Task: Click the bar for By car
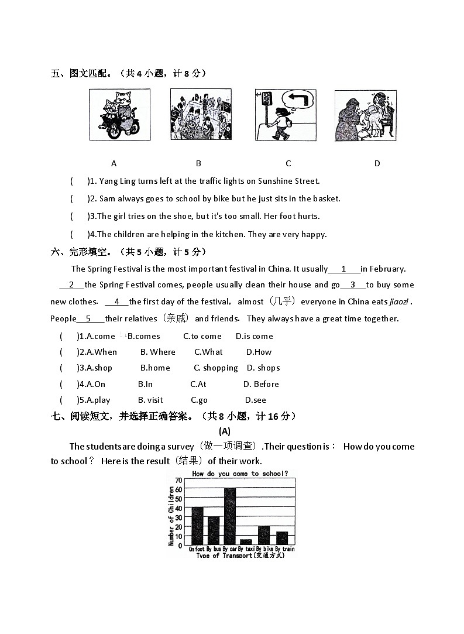[230, 516]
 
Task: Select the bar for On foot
[197, 526]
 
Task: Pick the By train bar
[282, 538]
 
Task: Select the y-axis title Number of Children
[171, 516]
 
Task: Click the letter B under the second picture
[198, 163]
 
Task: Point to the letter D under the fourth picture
[377, 163]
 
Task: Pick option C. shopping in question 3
[216, 368]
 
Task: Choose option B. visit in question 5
[150, 400]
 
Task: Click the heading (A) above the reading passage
[225, 431]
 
